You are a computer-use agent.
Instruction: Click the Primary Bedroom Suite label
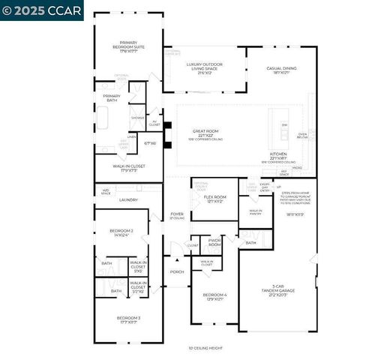coord(133,45)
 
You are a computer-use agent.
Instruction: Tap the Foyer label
coord(177,215)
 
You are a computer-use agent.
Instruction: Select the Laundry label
coord(128,199)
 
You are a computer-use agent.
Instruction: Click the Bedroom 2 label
coord(123,232)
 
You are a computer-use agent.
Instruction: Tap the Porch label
coord(177,271)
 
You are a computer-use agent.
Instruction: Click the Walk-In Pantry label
coord(255,212)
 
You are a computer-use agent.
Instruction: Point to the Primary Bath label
coord(112,96)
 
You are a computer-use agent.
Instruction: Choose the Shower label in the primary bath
coord(137,118)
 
